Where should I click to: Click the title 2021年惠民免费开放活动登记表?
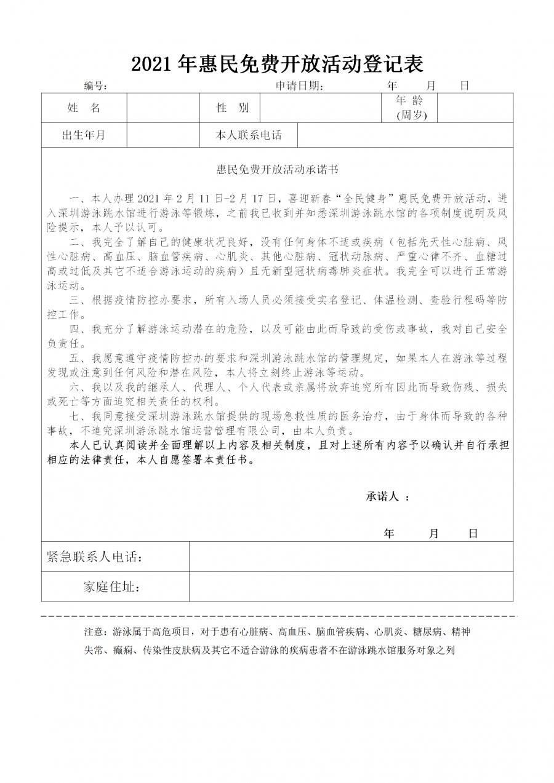(277, 63)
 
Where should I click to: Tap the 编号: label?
(97, 85)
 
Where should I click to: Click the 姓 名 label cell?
(84, 108)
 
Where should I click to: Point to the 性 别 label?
(233, 108)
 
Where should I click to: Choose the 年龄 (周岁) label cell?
(409, 108)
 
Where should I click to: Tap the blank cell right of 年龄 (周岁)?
(475, 108)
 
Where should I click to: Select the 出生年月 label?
(84, 135)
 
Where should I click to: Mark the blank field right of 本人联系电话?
(404, 135)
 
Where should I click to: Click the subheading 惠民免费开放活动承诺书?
(277, 167)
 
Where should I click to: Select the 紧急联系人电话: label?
(96, 557)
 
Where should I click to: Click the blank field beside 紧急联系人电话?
(351, 557)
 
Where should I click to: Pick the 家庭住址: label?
(112, 587)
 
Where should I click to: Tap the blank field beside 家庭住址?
(351, 587)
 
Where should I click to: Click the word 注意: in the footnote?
(95, 632)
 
